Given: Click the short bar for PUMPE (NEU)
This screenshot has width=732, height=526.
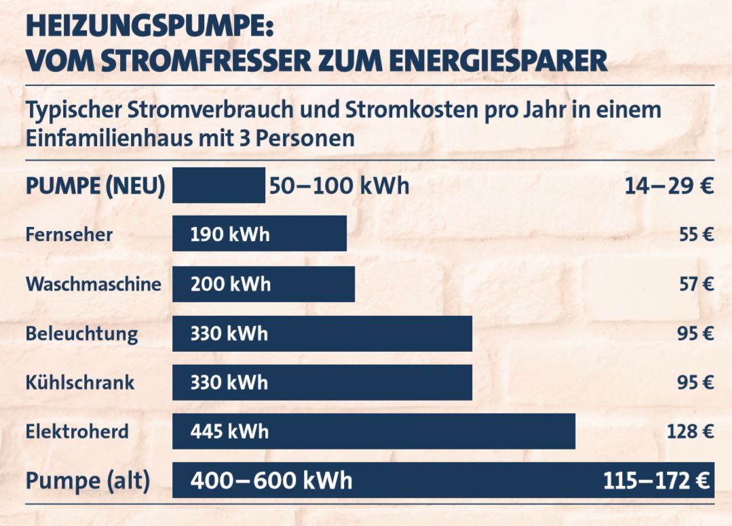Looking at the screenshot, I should click(x=218, y=185).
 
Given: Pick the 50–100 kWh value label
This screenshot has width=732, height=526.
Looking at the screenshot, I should click(x=339, y=185).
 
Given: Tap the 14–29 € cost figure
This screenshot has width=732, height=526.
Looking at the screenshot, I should click(x=669, y=186).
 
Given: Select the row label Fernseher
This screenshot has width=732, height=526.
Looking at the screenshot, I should click(x=69, y=235).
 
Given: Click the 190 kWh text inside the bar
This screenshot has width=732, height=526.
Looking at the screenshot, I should click(x=230, y=235).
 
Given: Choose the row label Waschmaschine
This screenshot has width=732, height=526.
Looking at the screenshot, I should click(x=94, y=283).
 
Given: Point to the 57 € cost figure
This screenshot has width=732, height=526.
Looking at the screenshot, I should click(x=696, y=283).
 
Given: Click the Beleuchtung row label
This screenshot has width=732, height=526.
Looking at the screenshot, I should click(x=81, y=333).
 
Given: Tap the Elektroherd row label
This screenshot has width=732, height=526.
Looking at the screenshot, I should click(x=77, y=431).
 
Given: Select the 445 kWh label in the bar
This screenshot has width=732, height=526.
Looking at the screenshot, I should click(x=229, y=431).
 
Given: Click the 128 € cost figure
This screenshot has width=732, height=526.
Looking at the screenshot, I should click(x=690, y=431).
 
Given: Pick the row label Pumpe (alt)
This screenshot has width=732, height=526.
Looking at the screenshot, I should click(x=88, y=481).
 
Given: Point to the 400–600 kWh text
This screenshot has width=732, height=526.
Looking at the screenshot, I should click(x=271, y=481).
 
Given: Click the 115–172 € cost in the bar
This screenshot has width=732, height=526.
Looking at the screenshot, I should click(x=656, y=481).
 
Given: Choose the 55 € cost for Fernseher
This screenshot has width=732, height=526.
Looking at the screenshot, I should click(x=696, y=235).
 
